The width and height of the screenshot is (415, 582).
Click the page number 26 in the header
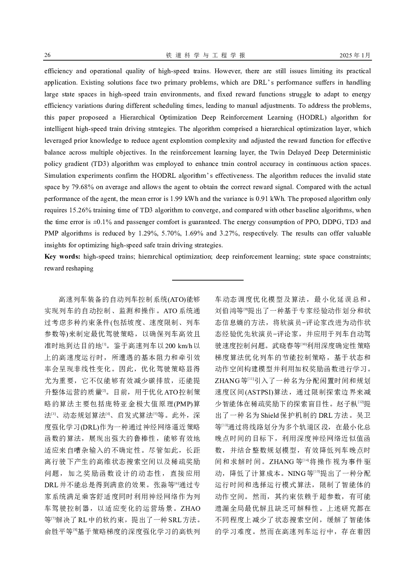tap(48, 55)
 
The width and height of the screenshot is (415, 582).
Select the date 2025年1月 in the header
tap(355, 55)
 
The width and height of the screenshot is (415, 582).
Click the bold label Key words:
tap(62, 257)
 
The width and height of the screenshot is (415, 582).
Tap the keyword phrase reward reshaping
tap(69, 268)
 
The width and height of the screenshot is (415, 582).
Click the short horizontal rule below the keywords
tap(207, 280)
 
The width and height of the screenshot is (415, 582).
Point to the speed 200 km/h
tap(176, 346)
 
